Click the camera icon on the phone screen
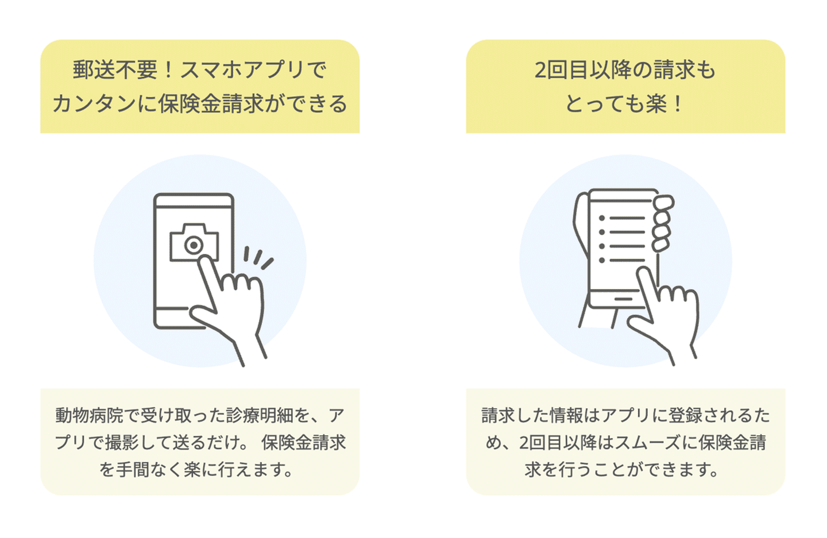pos(194,242)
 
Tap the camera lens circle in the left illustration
pos(194,245)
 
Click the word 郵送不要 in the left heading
pos(115,70)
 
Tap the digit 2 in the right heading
pos(540,70)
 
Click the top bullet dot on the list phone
pos(602,219)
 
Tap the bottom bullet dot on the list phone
pos(602,261)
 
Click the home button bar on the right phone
pos(623,299)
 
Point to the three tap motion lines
pos(258,258)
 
